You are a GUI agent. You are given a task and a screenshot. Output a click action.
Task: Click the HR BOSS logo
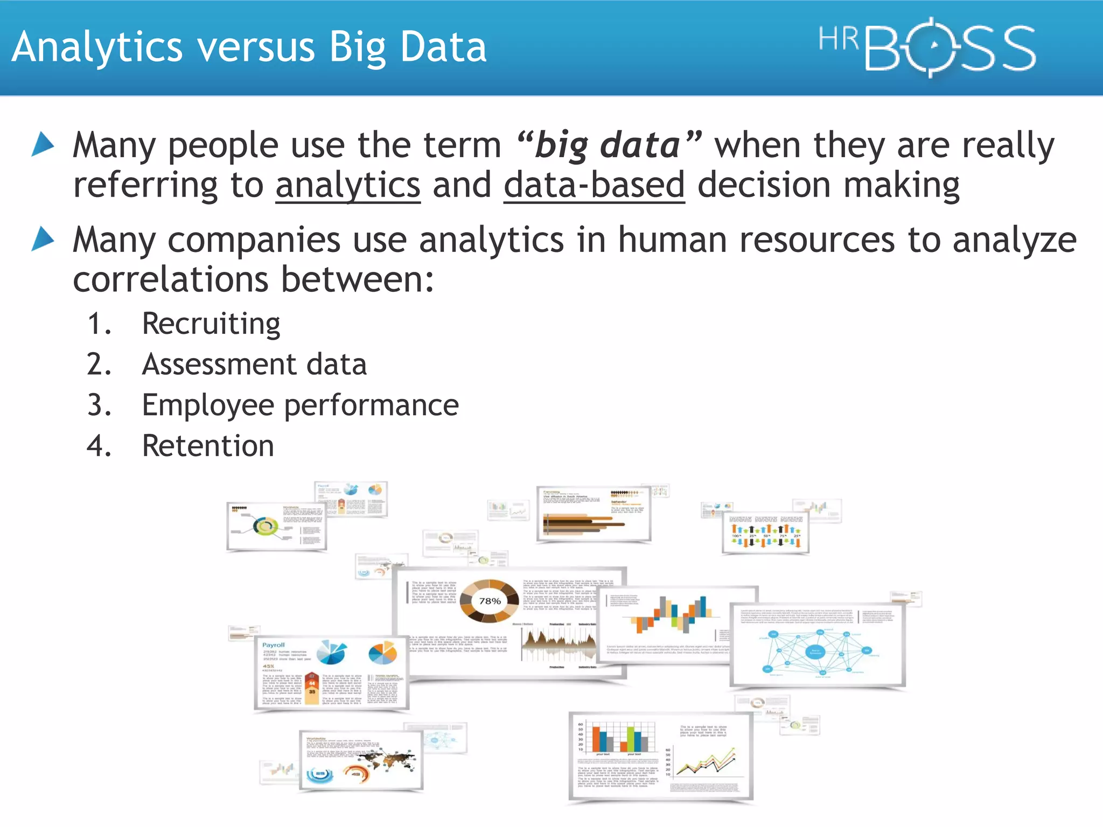tap(926, 47)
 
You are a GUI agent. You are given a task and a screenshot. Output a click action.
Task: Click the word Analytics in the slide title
tap(97, 47)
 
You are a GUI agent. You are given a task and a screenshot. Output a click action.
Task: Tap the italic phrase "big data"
tap(609, 145)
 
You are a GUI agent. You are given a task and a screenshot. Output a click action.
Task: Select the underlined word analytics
tap(348, 185)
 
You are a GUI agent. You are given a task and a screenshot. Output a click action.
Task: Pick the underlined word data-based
tap(594, 185)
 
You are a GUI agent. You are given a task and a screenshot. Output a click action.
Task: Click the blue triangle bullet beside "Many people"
tap(43, 144)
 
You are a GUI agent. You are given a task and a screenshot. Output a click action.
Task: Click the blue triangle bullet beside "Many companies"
tap(43, 239)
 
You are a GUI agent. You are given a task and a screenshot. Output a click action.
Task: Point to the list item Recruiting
tap(211, 324)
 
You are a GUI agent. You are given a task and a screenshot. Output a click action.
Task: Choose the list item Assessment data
tap(254, 365)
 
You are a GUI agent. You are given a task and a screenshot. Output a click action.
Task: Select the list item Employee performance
tap(300, 405)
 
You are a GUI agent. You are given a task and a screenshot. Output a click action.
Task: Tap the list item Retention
tap(208, 446)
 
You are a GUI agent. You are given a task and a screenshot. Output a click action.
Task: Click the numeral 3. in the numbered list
tap(99, 405)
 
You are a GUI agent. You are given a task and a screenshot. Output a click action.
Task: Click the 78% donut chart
tap(490, 601)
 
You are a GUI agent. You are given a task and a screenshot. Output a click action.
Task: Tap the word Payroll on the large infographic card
tap(274, 645)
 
